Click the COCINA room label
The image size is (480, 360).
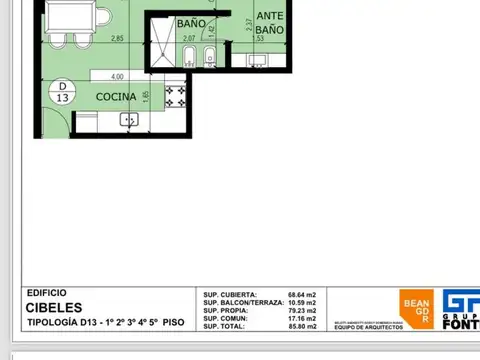click(x=116, y=96)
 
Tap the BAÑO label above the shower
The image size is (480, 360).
click(x=191, y=22)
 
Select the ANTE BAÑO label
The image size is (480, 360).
click(x=268, y=23)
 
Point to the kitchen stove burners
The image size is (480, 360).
click(x=176, y=98)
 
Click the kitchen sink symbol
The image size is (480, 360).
click(x=129, y=119)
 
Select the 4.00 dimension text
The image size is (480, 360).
click(x=117, y=76)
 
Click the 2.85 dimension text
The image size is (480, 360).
click(x=117, y=39)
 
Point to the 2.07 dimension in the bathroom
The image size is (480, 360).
click(x=190, y=39)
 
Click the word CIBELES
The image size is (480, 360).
click(x=47, y=308)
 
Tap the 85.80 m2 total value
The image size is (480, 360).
click(x=301, y=327)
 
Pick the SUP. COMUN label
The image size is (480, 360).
click(x=226, y=319)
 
